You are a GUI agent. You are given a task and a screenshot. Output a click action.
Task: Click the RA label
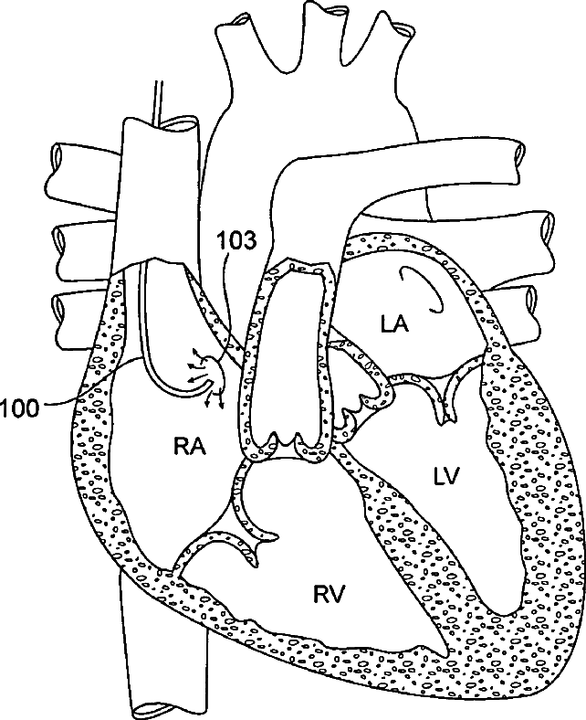[x=189, y=447]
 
